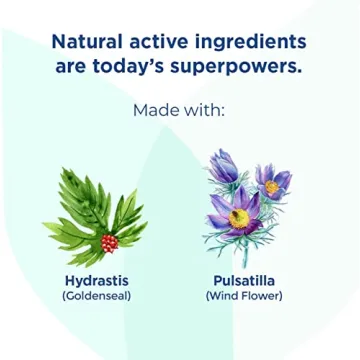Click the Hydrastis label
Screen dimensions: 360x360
click(98, 280)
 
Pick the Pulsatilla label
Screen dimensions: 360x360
click(243, 280)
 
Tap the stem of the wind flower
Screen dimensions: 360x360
click(243, 250)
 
